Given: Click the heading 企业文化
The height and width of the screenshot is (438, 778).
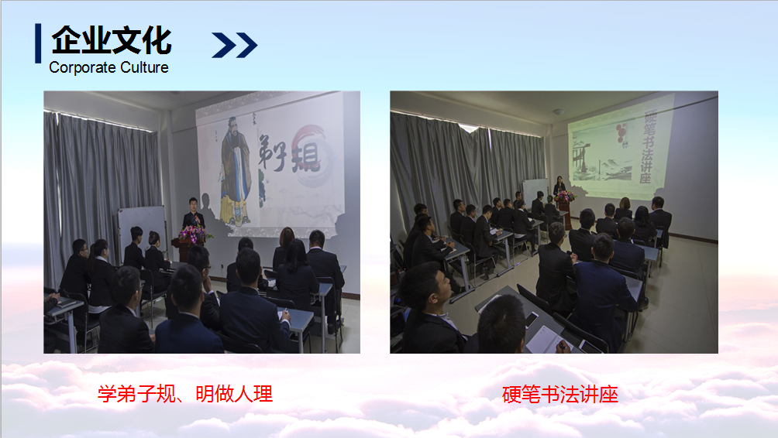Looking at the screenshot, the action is click(112, 40).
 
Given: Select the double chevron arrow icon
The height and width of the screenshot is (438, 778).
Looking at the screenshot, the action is click(234, 45).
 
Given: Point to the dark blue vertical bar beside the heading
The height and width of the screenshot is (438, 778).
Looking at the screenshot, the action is click(38, 43).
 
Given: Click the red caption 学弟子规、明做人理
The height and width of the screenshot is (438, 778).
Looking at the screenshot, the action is click(185, 395).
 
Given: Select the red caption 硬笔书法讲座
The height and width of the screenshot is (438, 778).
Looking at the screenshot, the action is click(559, 395).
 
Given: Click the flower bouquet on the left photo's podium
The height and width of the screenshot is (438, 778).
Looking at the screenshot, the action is click(194, 234).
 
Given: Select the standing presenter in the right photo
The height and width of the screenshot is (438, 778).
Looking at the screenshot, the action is click(559, 186).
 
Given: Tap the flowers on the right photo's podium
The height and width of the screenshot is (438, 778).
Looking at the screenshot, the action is click(565, 197).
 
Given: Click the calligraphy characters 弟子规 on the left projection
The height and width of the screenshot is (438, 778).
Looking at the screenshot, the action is click(287, 153).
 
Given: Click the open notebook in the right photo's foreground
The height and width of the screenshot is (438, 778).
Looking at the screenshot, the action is click(545, 341).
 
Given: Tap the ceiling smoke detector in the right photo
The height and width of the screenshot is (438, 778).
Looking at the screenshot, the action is click(559, 111).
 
